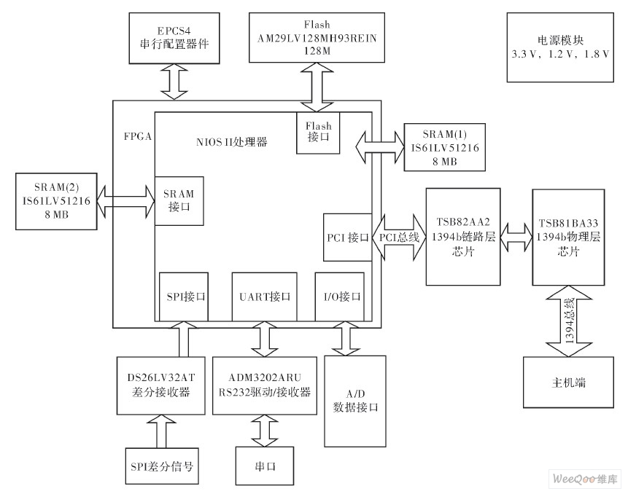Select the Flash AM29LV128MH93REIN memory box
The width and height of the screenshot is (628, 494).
(x=317, y=39)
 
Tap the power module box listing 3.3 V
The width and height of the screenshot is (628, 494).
(x=559, y=47)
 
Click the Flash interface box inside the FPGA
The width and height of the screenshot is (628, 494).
(x=318, y=132)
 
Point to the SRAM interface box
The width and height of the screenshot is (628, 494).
(x=179, y=201)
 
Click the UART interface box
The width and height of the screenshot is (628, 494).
(x=265, y=297)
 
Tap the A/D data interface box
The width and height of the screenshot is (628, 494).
(x=354, y=400)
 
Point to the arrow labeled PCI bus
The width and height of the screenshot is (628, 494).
(x=398, y=237)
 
